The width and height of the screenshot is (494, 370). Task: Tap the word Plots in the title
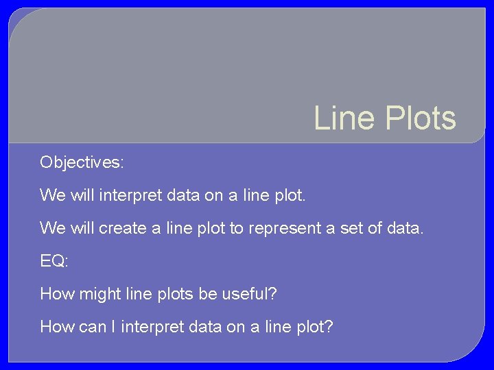point(419,118)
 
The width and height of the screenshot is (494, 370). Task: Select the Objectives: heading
point(82,162)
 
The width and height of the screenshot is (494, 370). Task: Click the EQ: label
point(54,261)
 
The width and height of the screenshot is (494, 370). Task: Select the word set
point(351,228)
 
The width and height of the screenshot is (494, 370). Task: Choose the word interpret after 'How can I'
point(154,327)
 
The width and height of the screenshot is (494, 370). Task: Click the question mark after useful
point(272,294)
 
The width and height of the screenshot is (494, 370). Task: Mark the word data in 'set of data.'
point(407,228)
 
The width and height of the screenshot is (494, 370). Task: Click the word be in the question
point(207,294)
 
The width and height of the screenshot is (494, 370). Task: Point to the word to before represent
point(236,228)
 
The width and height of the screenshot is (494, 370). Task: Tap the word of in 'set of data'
point(376,228)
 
